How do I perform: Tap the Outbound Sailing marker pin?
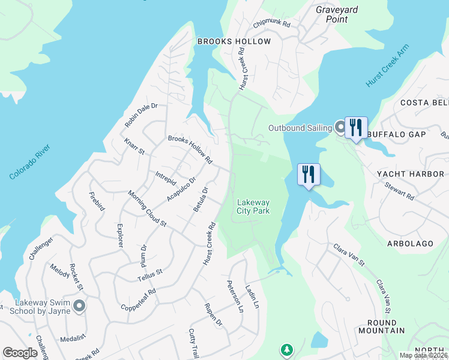[x=340, y=127]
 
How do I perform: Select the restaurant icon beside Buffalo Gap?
[x=356, y=128]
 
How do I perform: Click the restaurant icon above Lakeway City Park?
[x=309, y=175]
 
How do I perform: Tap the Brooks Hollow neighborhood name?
[x=234, y=41]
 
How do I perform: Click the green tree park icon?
[x=287, y=349]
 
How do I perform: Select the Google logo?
[x=20, y=353]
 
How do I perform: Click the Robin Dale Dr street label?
[x=140, y=115]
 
